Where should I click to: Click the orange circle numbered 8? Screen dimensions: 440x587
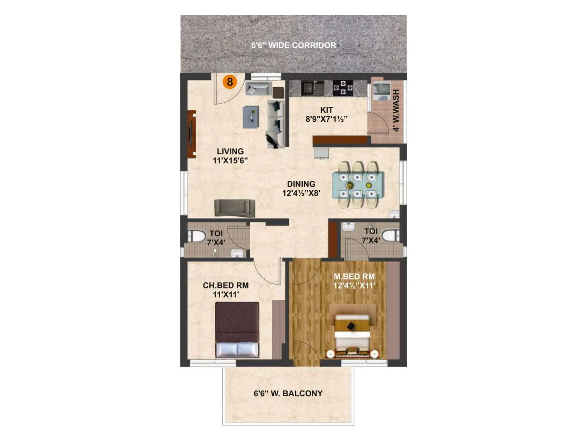230,82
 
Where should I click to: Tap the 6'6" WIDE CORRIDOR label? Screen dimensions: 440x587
293,45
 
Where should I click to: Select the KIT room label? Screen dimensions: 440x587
327,110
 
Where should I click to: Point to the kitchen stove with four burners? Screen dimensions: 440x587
343,88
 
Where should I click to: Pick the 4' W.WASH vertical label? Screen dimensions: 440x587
396,110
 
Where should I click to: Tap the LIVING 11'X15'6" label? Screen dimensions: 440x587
230,156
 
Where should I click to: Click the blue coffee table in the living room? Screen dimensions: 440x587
251,117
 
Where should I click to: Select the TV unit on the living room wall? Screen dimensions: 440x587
192,134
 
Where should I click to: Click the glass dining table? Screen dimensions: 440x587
358,185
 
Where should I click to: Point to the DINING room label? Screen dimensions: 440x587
301,184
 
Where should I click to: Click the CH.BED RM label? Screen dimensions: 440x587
226,285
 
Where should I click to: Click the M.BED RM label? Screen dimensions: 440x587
354,276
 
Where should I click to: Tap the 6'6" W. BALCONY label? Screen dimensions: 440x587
288,393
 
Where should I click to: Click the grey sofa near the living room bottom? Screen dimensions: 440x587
234,208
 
